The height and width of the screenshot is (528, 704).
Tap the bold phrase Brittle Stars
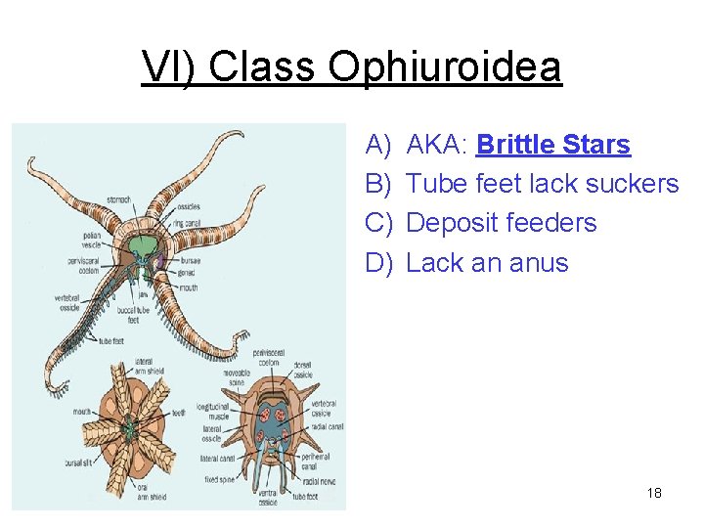(552, 145)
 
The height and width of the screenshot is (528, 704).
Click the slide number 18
(654, 493)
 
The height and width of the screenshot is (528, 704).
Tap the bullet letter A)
(377, 145)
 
